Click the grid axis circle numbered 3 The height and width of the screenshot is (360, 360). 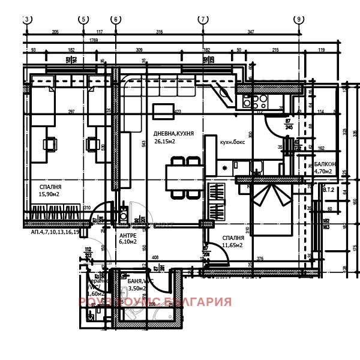[x=26, y=19]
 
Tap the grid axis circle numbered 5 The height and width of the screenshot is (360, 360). [x=83, y=19]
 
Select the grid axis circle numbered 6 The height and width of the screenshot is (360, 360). [x=115, y=19]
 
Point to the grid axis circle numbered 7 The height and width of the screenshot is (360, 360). [x=203, y=19]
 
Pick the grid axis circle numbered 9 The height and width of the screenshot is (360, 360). [x=298, y=19]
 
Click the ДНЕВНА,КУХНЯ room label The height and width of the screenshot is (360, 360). [x=173, y=133]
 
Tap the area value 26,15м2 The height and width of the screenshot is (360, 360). [x=164, y=142]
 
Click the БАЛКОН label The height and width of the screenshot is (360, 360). [x=325, y=164]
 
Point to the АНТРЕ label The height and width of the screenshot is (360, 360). [x=128, y=235]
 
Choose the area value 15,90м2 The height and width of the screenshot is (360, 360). [x=50, y=194]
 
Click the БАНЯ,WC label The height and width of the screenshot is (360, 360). [x=141, y=281]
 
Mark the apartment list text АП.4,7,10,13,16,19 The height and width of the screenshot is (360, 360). [x=55, y=231]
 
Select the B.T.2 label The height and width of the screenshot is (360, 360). [x=328, y=190]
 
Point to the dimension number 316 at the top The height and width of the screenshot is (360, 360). [x=159, y=31]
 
